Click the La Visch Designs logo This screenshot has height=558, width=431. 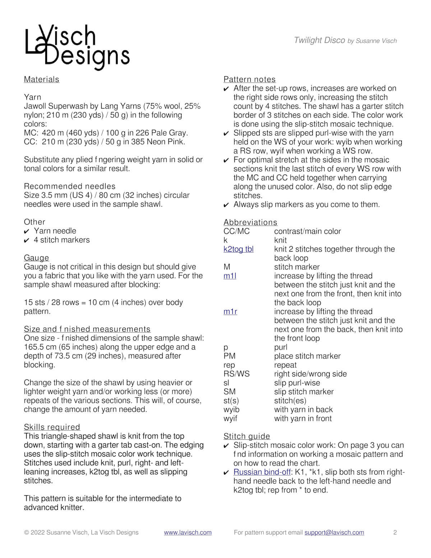click(77, 47)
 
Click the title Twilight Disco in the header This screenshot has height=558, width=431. click(319, 40)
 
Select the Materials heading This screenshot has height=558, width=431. click(42, 79)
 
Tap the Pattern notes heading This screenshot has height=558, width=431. click(250, 79)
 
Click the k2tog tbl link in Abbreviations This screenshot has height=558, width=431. click(238, 249)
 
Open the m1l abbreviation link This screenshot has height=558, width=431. click(230, 276)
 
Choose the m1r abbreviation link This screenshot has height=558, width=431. click(230, 312)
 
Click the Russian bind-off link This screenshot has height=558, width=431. click(262, 472)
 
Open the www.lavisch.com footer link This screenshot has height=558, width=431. click(188, 532)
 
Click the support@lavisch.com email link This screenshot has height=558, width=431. click(334, 532)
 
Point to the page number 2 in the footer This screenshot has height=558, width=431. click(395, 532)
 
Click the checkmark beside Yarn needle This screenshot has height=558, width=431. click(27, 231)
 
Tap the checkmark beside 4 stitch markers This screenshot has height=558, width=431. click(27, 240)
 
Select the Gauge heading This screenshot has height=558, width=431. click(36, 258)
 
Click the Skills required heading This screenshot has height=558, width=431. click(52, 427)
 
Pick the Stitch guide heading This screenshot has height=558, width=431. click(247, 436)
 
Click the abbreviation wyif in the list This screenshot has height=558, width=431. click(230, 419)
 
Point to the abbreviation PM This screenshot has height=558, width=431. click(230, 356)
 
